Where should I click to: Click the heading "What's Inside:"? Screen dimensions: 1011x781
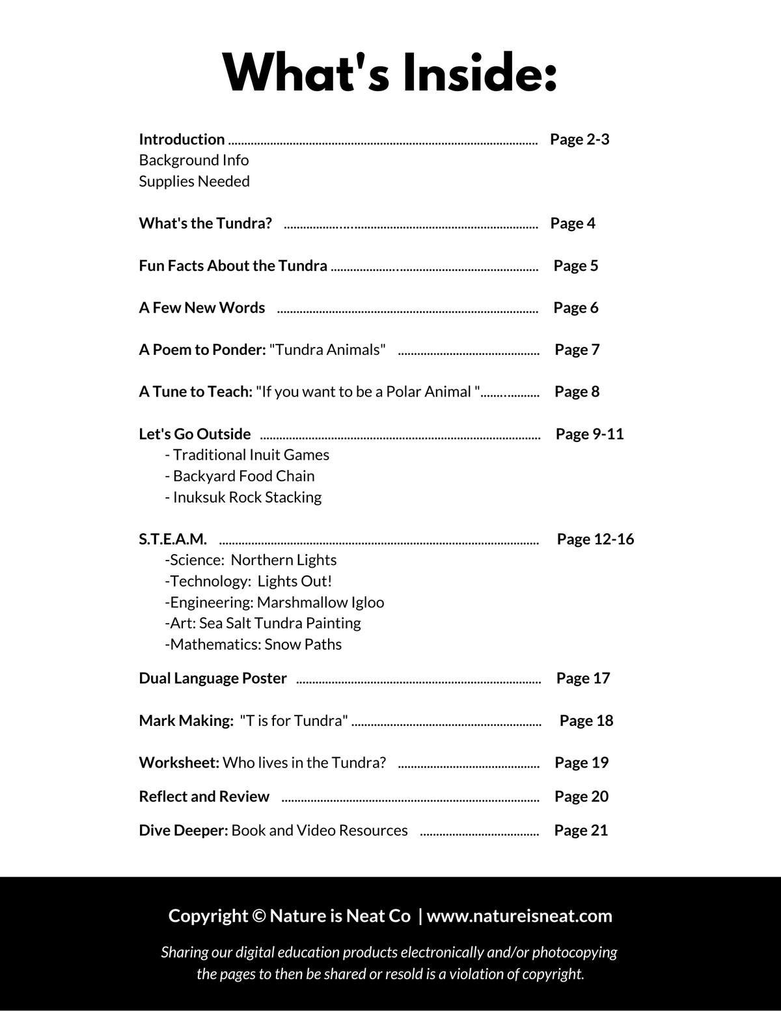tap(390, 72)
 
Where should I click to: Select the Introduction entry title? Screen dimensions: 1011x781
tap(182, 139)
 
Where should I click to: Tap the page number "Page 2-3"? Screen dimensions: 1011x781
tap(579, 139)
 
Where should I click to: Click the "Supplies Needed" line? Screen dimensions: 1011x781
tap(194, 181)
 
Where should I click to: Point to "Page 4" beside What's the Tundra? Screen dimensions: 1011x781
tap(572, 223)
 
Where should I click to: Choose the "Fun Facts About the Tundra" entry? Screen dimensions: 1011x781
tap(233, 266)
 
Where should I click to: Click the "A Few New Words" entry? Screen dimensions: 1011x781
tap(202, 307)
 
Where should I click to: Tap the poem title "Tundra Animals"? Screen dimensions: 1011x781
tap(327, 350)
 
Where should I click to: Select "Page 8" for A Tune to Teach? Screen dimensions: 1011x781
tap(577, 392)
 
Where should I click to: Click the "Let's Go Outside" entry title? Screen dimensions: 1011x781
tap(195, 434)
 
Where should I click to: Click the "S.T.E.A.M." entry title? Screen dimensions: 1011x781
tap(172, 539)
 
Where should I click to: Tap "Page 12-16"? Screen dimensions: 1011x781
tap(595, 539)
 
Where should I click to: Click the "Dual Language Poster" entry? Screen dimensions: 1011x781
tap(213, 678)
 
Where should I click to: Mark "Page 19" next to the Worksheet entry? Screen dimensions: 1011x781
tap(581, 762)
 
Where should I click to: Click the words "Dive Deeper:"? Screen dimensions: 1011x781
tap(184, 831)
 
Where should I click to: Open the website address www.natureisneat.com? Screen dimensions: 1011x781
tap(519, 916)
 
